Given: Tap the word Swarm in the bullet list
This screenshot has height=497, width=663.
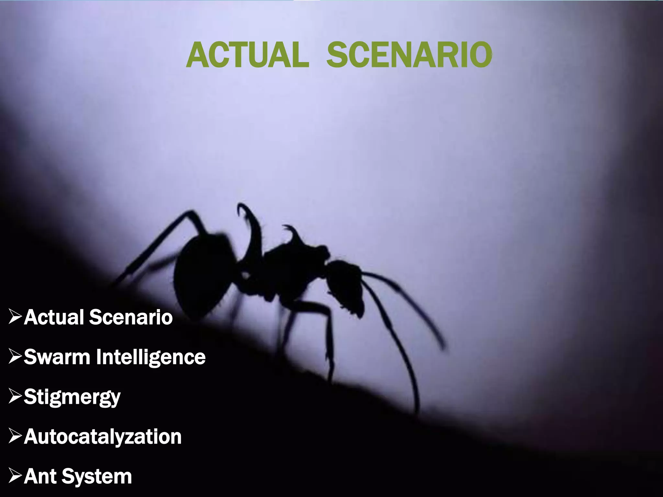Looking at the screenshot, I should pos(57,357).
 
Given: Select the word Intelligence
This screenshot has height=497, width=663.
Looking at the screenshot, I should pos(151,358).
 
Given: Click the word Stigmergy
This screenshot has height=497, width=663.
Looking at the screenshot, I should pos(72,397).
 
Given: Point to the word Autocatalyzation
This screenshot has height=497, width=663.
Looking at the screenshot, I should pos(103,436).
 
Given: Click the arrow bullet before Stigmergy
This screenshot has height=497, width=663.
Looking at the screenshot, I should pos(15,396).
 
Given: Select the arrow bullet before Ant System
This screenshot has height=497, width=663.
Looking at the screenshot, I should pos(15,476).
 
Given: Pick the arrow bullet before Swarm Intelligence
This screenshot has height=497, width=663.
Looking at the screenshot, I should pos(15,357).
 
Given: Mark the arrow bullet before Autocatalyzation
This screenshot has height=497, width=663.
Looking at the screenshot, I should pos(15,436).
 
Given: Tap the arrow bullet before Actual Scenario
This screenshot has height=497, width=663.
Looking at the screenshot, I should pos(15,317).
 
